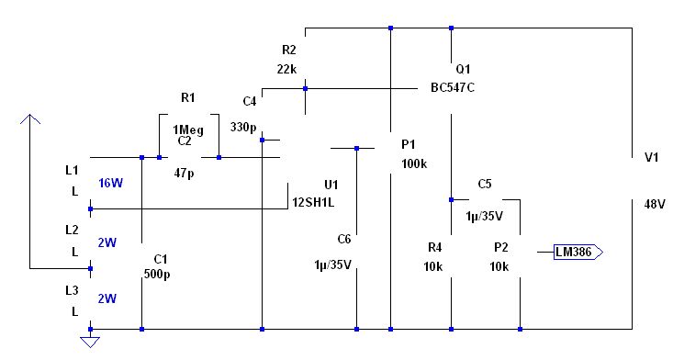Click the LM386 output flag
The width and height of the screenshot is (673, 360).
pyautogui.click(x=578, y=252)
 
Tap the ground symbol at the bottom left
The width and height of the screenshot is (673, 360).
pyautogui.click(x=90, y=342)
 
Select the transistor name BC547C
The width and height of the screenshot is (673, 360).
pyautogui.click(x=453, y=87)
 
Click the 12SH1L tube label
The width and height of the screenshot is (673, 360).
pyautogui.click(x=313, y=203)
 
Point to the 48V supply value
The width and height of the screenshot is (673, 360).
pyautogui.click(x=655, y=204)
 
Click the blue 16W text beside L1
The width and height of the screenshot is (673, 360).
pyautogui.click(x=110, y=184)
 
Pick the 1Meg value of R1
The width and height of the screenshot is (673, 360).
pyautogui.click(x=188, y=129)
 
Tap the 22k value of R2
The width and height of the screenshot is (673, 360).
pyautogui.click(x=286, y=69)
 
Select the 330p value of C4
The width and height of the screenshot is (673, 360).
pyautogui.click(x=243, y=127)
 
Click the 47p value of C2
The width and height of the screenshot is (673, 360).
pyautogui.click(x=184, y=173)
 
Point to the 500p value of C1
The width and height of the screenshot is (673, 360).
pyautogui.click(x=157, y=274)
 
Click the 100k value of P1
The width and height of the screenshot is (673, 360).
pyautogui.click(x=414, y=163)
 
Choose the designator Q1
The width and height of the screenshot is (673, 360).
pyautogui.click(x=463, y=69)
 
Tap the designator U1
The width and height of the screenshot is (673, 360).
pyautogui.click(x=331, y=185)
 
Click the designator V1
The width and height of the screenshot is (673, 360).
pyautogui.click(x=652, y=157)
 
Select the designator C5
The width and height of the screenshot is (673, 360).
pyautogui.click(x=485, y=184)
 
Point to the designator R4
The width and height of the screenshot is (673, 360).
pyautogui.click(x=435, y=248)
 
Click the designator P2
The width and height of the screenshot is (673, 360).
pyautogui.click(x=501, y=248)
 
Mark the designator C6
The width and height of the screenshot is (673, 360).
pyautogui.click(x=344, y=239)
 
